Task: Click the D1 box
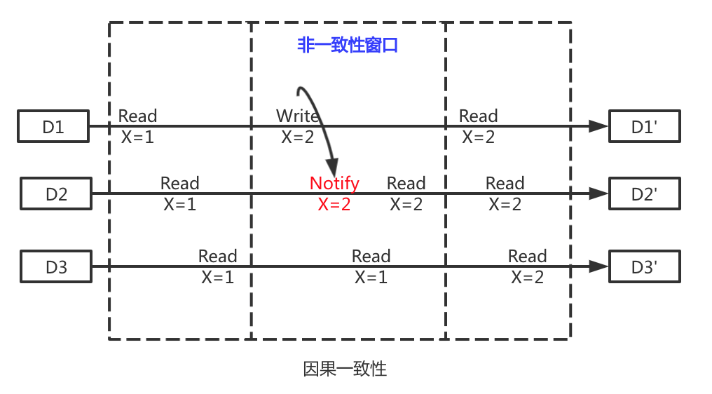tap(53, 127)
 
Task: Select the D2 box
tap(56, 193)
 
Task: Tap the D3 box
tap(56, 266)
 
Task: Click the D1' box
tap(644, 127)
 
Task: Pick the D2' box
tap(644, 193)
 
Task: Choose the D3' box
tap(644, 266)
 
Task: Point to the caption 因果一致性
tap(345, 369)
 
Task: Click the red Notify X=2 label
tap(334, 193)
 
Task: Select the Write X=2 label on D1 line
tap(298, 126)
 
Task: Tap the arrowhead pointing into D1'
tap(598, 126)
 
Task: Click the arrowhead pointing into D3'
tap(598, 266)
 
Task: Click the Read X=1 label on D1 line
tap(137, 126)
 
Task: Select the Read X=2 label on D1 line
tap(479, 126)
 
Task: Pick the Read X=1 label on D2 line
tap(180, 193)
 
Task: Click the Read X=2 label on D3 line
tap(528, 266)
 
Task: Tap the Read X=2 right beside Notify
tap(406, 193)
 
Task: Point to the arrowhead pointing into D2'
tap(598, 193)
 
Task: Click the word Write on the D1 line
tap(298, 116)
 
